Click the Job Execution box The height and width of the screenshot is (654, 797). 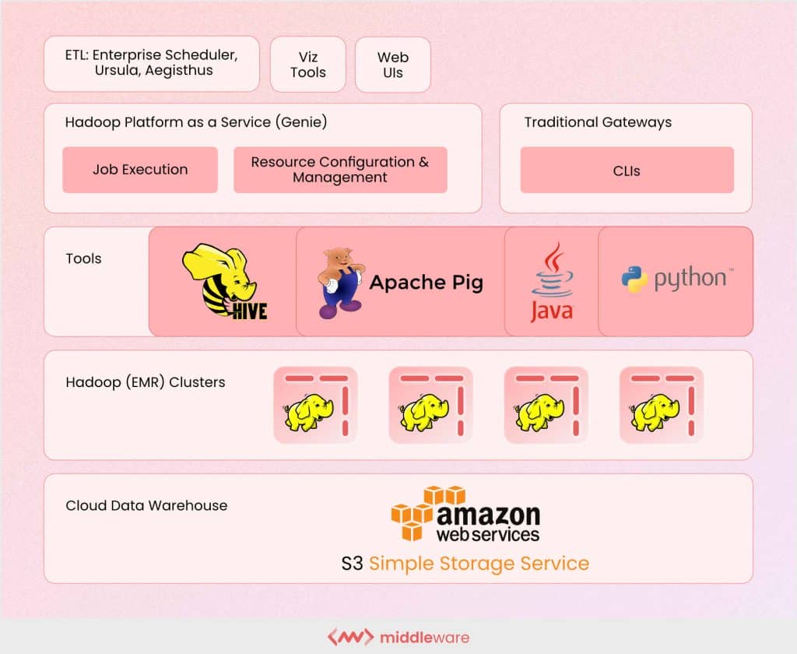click(140, 170)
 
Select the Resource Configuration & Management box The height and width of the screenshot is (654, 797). click(340, 170)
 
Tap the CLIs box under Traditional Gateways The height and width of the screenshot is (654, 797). click(627, 170)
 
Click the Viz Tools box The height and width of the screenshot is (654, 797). click(307, 65)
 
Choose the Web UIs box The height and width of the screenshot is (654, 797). click(393, 65)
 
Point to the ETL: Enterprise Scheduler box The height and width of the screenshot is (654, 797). click(152, 63)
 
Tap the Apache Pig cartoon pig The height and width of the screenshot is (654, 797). click(339, 282)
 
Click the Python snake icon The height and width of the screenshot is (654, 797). click(634, 279)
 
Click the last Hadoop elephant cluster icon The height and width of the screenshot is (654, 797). click(661, 405)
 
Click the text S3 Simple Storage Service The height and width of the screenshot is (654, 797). click(465, 563)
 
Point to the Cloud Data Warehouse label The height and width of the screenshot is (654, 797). click(146, 505)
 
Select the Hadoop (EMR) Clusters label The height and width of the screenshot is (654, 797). click(146, 382)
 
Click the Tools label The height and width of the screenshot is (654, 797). click(83, 258)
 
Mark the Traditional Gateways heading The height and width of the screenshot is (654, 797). click(598, 122)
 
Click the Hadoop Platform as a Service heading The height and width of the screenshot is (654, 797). click(196, 122)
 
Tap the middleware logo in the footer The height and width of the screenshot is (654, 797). click(398, 638)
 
